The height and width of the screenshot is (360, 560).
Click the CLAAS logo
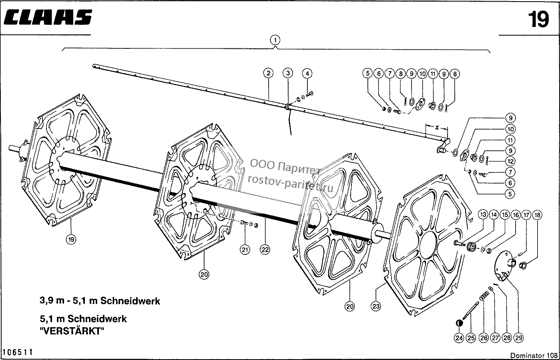pos(48,17)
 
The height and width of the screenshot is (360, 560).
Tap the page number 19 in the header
pos(538,20)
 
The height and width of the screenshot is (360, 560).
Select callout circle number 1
pos(275,40)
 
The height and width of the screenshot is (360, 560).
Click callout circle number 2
pos(268,73)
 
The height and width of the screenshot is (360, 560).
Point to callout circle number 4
pos(307,74)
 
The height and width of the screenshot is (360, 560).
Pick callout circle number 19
pos(71,240)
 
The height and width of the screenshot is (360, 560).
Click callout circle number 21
pos(245,250)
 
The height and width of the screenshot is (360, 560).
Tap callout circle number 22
pos(265,249)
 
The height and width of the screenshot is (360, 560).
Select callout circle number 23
pos(376,306)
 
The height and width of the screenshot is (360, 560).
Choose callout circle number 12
pos(510,161)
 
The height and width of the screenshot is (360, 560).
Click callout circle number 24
pos(459,338)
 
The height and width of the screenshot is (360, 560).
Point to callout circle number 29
pos(518,338)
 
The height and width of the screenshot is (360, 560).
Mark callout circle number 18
pos(537,215)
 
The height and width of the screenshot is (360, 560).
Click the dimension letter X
pos(436,128)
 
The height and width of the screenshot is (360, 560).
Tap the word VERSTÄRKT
pos(72,331)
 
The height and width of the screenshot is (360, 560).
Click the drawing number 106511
pos(18,352)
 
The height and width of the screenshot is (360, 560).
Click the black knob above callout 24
pos(459,323)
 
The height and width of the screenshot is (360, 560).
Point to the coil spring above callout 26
pos(484,296)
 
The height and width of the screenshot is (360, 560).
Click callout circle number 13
pos(483,215)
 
